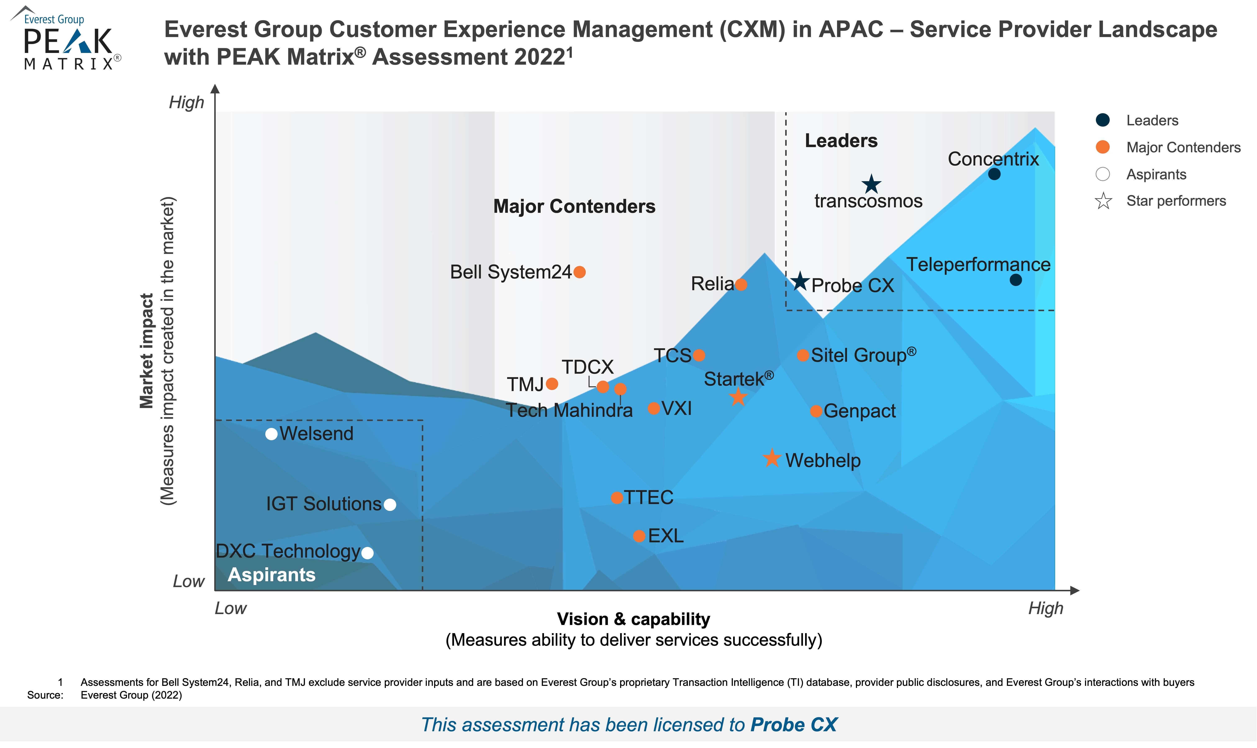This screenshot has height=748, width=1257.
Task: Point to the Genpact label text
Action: [x=860, y=411]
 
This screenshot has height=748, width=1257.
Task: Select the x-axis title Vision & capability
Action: [x=634, y=619]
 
